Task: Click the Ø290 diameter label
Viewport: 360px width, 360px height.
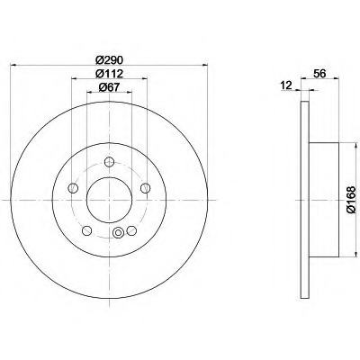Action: (x=109, y=60)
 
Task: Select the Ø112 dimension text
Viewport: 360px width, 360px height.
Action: (x=109, y=74)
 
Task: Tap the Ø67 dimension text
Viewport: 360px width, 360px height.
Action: (x=109, y=87)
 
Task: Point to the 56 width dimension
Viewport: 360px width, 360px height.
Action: (x=319, y=74)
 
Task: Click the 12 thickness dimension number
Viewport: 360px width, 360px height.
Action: (x=287, y=85)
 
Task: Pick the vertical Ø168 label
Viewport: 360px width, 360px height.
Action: (x=351, y=200)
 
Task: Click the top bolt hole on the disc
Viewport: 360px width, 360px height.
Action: (x=109, y=162)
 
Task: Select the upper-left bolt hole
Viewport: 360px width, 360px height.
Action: (x=73, y=188)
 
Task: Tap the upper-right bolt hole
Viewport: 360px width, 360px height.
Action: (x=145, y=188)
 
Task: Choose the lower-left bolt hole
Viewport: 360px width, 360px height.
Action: (x=87, y=230)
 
